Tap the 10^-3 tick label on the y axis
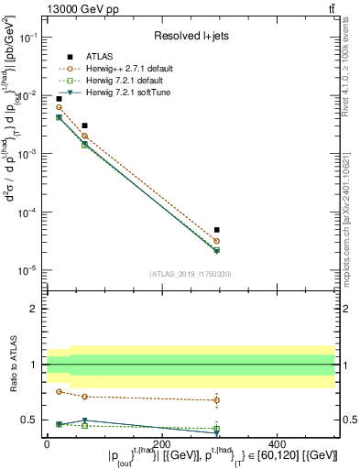pyautogui.click(x=29, y=154)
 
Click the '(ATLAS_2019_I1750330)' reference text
pyautogui.click(x=191, y=274)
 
